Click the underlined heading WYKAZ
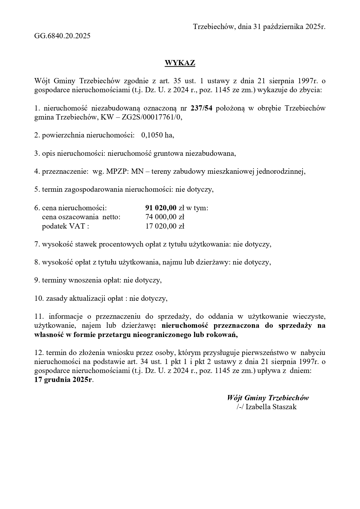pos(180,63)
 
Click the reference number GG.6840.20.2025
pos(62,36)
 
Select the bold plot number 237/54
pos(202,108)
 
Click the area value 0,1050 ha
pos(157,135)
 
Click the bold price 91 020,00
pos(161,208)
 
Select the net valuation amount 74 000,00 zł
pos(165,217)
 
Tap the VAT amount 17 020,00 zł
pos(165,226)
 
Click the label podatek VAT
pos(65,226)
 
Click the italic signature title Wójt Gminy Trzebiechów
pos(268,398)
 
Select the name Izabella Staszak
pos(271,407)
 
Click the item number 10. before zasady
pos(39,298)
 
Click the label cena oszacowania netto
pos(81,217)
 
